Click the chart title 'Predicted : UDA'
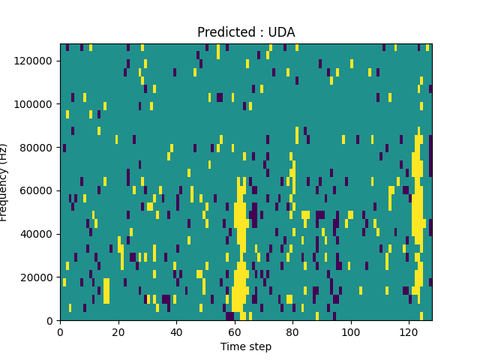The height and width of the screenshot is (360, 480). [246, 32]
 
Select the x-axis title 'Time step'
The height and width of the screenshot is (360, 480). [246, 346]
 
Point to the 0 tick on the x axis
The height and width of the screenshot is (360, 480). [60, 331]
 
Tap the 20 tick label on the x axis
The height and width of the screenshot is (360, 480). [118, 331]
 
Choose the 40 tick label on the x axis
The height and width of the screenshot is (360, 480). [176, 331]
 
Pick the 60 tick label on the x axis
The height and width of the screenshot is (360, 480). [235, 331]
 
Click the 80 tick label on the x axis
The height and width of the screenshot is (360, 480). [292, 331]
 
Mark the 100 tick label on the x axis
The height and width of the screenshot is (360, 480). [350, 331]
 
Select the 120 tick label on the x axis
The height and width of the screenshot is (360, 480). [409, 331]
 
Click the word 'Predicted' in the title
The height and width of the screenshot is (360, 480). [223, 32]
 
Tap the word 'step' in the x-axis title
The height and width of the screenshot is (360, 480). [259, 347]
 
